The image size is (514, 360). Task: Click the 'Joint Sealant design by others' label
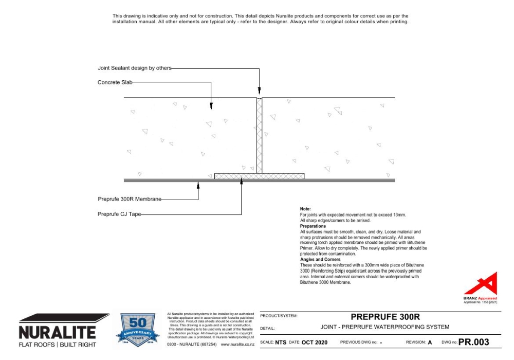(x=135, y=68)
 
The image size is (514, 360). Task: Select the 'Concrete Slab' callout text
(x=116, y=82)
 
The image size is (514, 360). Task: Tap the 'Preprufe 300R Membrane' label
(x=130, y=199)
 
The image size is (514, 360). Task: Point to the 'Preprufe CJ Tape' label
(x=119, y=214)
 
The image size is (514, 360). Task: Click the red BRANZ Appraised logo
(x=484, y=286)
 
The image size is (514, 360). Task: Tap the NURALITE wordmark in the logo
(x=57, y=332)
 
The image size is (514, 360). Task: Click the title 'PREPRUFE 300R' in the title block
(x=381, y=316)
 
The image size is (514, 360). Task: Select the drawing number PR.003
(x=473, y=342)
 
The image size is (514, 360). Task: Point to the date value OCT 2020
(x=314, y=343)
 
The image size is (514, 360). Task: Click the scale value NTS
(x=281, y=343)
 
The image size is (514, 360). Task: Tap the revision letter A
(x=430, y=343)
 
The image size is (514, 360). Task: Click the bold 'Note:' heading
(x=305, y=209)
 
